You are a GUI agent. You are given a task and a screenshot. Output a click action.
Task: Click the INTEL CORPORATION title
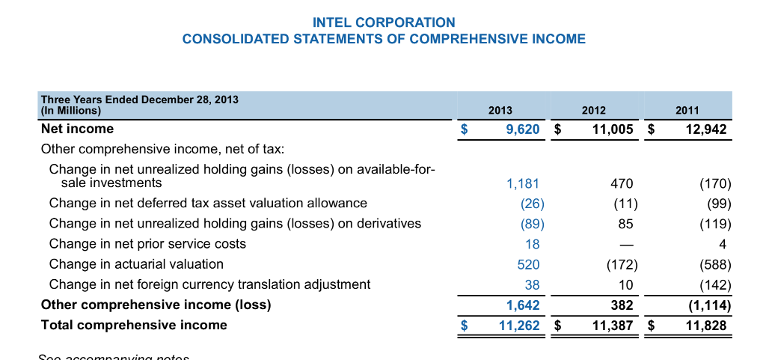[384, 22]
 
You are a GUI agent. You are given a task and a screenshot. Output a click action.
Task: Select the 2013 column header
[500, 111]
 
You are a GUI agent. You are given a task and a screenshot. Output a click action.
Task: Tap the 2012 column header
[593, 111]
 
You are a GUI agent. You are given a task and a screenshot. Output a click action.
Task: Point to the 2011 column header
[687, 111]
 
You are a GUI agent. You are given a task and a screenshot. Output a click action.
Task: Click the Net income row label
[77, 129]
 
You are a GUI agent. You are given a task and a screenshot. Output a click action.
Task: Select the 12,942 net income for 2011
[705, 129]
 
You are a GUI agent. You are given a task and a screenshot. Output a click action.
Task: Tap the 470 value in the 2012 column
[622, 183]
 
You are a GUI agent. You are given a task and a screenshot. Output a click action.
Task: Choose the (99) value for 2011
[718, 204]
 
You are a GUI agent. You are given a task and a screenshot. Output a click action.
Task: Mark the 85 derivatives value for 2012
[626, 224]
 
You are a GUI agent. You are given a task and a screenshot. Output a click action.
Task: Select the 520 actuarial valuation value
[528, 264]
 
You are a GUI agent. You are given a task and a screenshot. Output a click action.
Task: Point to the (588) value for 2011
[714, 264]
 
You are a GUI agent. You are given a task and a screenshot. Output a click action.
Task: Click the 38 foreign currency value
[532, 284]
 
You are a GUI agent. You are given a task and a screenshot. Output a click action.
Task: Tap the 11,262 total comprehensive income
[519, 325]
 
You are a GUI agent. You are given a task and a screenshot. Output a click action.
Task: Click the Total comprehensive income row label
[134, 325]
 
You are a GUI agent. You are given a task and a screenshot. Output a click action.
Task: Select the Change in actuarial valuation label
[136, 264]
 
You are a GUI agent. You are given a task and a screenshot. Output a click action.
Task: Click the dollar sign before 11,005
[557, 129]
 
